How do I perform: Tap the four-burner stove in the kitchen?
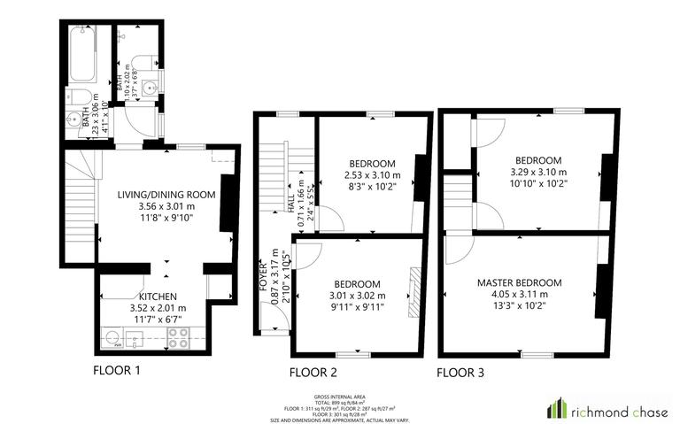[x=176, y=336]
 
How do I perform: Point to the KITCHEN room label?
[x=157, y=296]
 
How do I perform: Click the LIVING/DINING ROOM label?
[x=166, y=194]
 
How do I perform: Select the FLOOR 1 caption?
[x=117, y=371]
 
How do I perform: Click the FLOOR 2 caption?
[x=313, y=373]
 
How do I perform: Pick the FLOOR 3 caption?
[x=460, y=373]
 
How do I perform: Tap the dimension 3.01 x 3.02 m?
[x=358, y=296]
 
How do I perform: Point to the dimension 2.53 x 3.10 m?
[x=371, y=175]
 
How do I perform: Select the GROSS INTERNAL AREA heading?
[x=340, y=397]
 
